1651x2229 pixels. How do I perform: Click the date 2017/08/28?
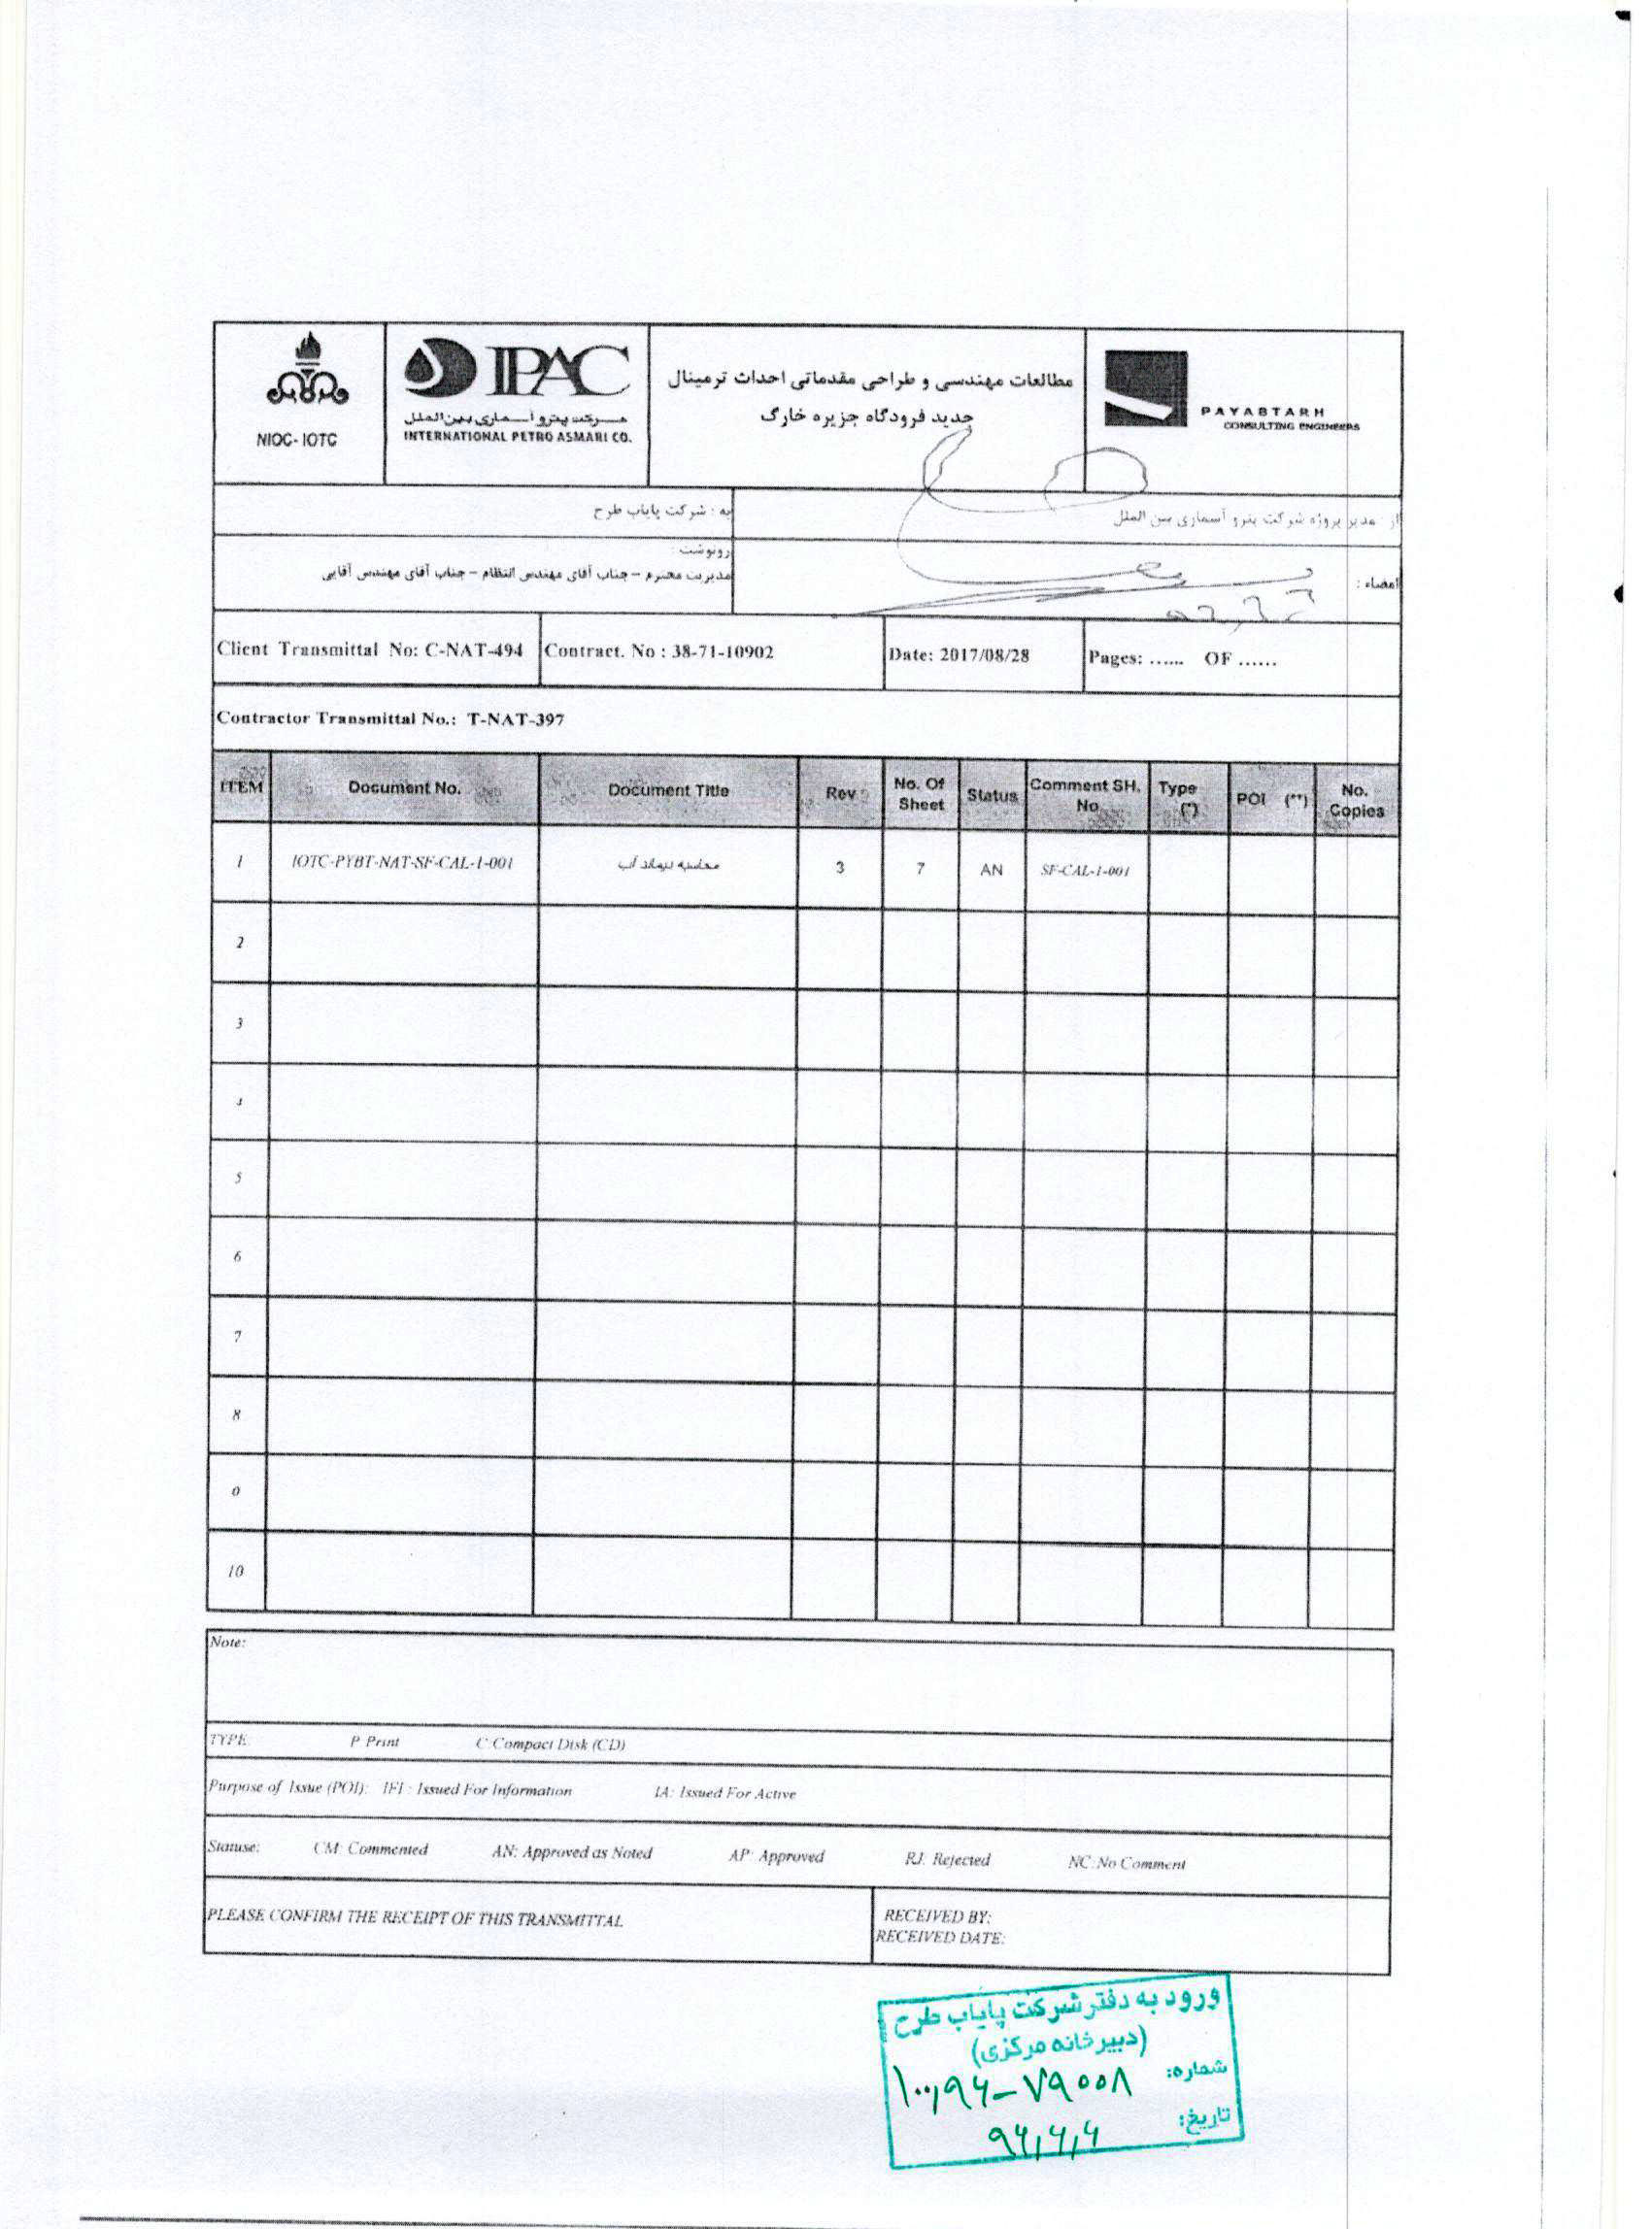pyautogui.click(x=985, y=655)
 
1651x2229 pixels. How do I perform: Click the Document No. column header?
pyautogui.click(x=404, y=787)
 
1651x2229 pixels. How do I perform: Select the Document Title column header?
pyautogui.click(x=667, y=790)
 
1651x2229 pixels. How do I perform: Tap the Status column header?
pyautogui.click(x=991, y=795)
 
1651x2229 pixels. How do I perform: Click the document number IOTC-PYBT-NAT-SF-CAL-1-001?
pyautogui.click(x=402, y=862)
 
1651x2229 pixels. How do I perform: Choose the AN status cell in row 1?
pyautogui.click(x=991, y=869)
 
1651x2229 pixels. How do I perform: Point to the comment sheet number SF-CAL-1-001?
pyautogui.click(x=1085, y=870)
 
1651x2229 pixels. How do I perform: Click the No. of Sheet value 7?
pyautogui.click(x=920, y=868)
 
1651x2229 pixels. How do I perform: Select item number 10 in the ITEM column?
pyautogui.click(x=235, y=1570)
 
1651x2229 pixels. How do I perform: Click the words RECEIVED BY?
pyautogui.click(x=936, y=1916)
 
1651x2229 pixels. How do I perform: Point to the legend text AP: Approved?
pyautogui.click(x=777, y=1856)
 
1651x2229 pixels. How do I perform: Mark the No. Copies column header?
pyautogui.click(x=1355, y=800)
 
